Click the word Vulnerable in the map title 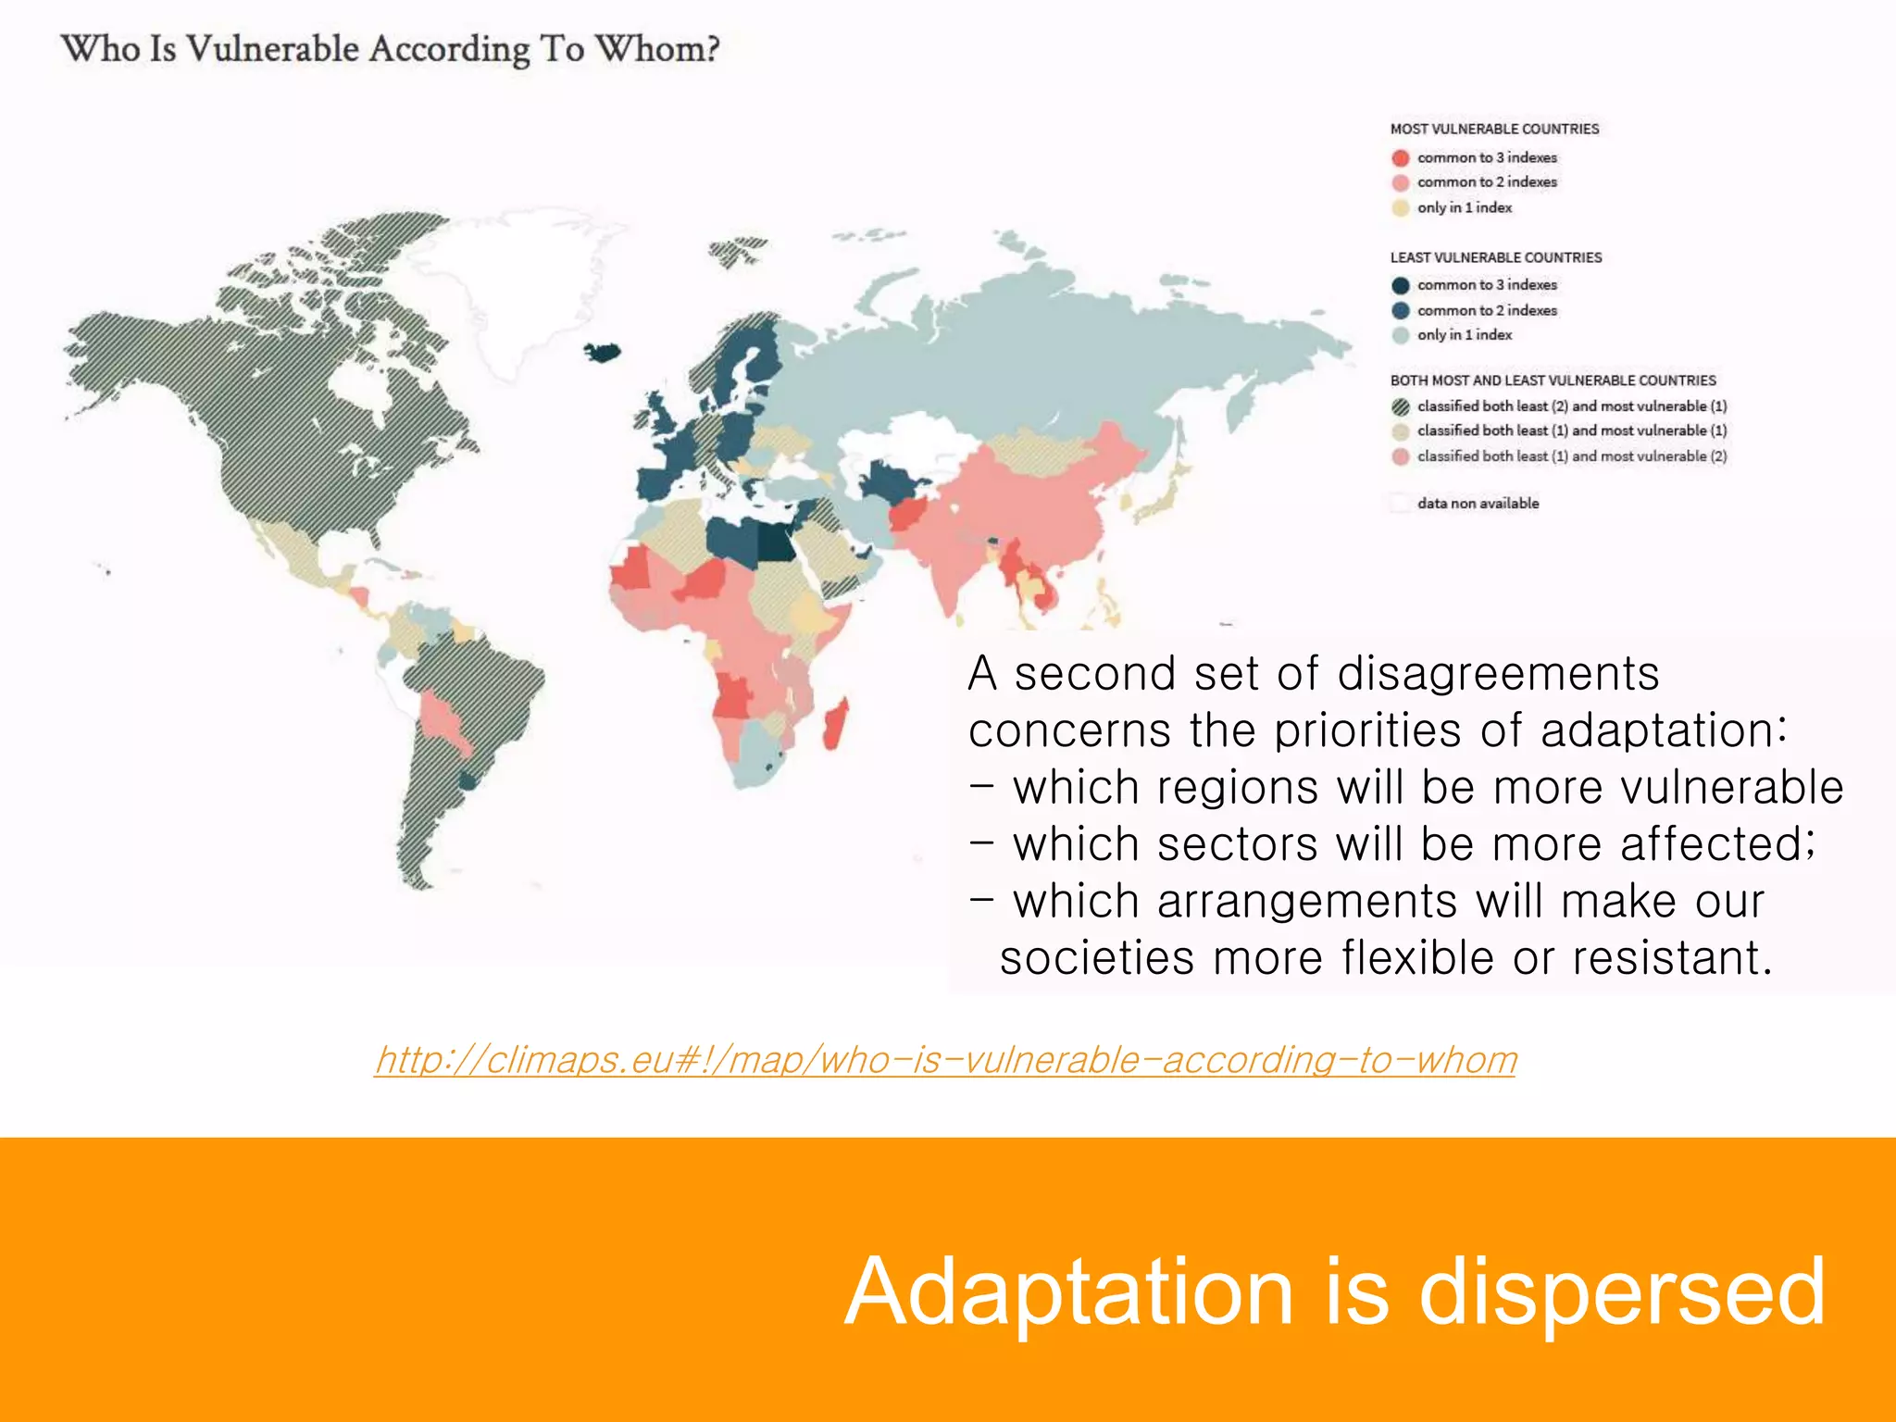[x=271, y=49]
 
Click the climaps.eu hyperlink [x=945, y=1059]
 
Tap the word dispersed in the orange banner [x=1621, y=1291]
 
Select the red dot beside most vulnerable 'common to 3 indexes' [x=1401, y=158]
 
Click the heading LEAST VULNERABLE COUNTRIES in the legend [x=1495, y=257]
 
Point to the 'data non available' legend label [x=1478, y=504]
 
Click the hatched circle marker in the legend [x=1401, y=406]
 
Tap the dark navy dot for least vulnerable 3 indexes [x=1401, y=285]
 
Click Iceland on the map [x=603, y=352]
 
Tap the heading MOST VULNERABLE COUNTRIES [x=1494, y=130]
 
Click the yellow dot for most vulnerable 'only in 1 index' [x=1401, y=208]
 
